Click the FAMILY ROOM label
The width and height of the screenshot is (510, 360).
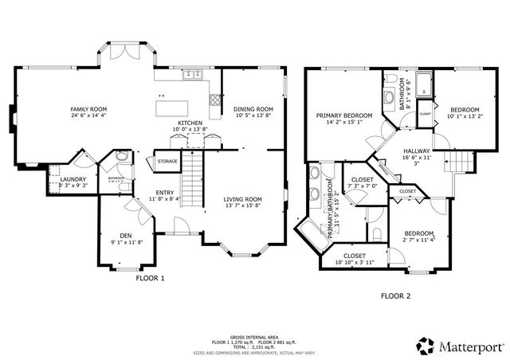pyautogui.click(x=88, y=109)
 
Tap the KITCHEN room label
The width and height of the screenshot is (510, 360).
pyautogui.click(x=190, y=123)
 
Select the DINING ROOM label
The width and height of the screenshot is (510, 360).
pyautogui.click(x=253, y=109)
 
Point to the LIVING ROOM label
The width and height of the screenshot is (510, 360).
pyautogui.click(x=242, y=199)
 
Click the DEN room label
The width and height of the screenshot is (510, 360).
pyautogui.click(x=125, y=235)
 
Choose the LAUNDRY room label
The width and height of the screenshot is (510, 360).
pyautogui.click(x=73, y=179)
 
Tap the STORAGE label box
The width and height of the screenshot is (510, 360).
pyautogui.click(x=167, y=162)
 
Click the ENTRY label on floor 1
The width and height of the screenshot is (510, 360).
pyautogui.click(x=165, y=192)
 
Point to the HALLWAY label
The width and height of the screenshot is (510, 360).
pyautogui.click(x=416, y=151)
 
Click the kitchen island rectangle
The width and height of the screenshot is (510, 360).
pyautogui.click(x=175, y=105)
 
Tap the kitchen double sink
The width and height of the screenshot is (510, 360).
pyautogui.click(x=191, y=76)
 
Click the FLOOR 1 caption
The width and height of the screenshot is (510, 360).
pyautogui.click(x=150, y=279)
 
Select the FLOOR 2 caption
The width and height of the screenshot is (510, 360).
pyautogui.click(x=395, y=295)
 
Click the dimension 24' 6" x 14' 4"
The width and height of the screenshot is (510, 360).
pyautogui.click(x=88, y=116)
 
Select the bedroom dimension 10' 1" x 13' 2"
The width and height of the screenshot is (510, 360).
pyautogui.click(x=464, y=116)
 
